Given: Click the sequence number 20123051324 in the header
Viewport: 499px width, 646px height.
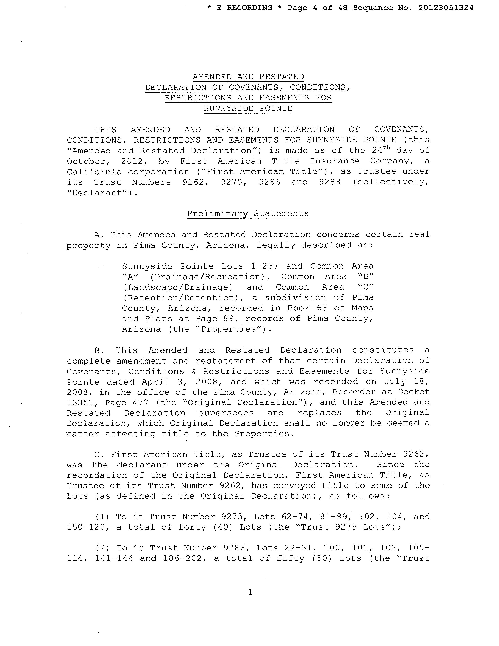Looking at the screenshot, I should pos(446,8).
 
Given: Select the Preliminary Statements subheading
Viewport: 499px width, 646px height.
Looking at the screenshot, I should pos(248,214).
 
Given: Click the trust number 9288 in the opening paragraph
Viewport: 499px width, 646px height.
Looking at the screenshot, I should pos(330,182).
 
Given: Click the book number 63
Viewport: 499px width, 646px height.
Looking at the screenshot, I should pos(321,308).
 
